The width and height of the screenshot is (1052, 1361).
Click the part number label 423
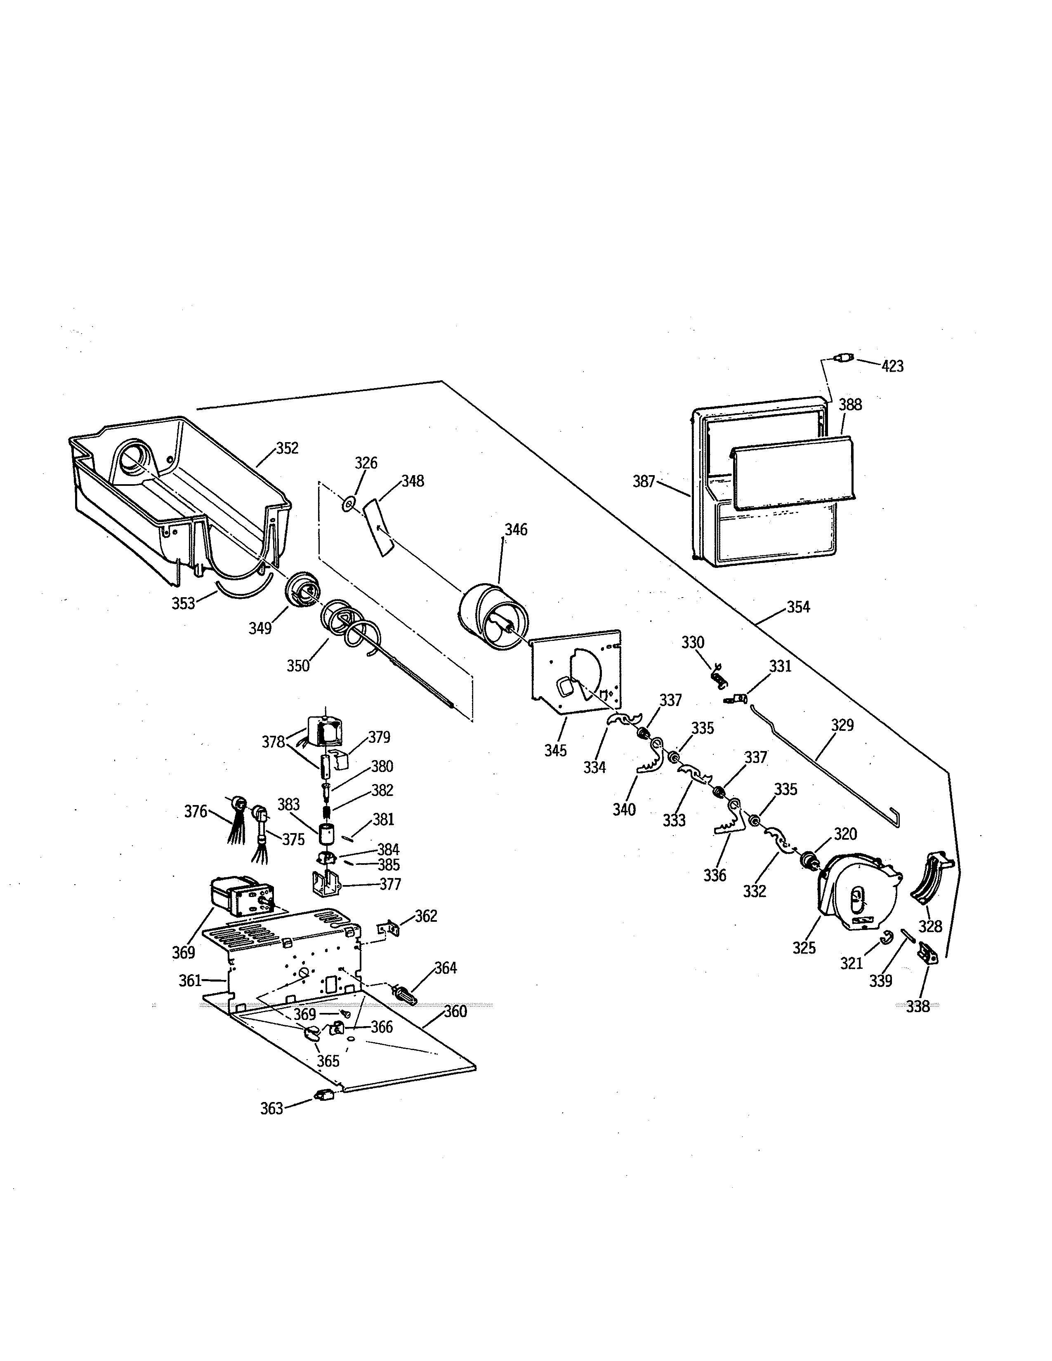(892, 366)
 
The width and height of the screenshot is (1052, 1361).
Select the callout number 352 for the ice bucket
(287, 448)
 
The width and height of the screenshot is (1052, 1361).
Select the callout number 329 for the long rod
(842, 725)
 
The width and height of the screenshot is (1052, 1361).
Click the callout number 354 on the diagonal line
(798, 607)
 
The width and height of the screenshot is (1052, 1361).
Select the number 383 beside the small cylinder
(288, 805)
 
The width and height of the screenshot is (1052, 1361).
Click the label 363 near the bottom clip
(272, 1109)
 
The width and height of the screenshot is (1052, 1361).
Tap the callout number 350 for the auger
(298, 666)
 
